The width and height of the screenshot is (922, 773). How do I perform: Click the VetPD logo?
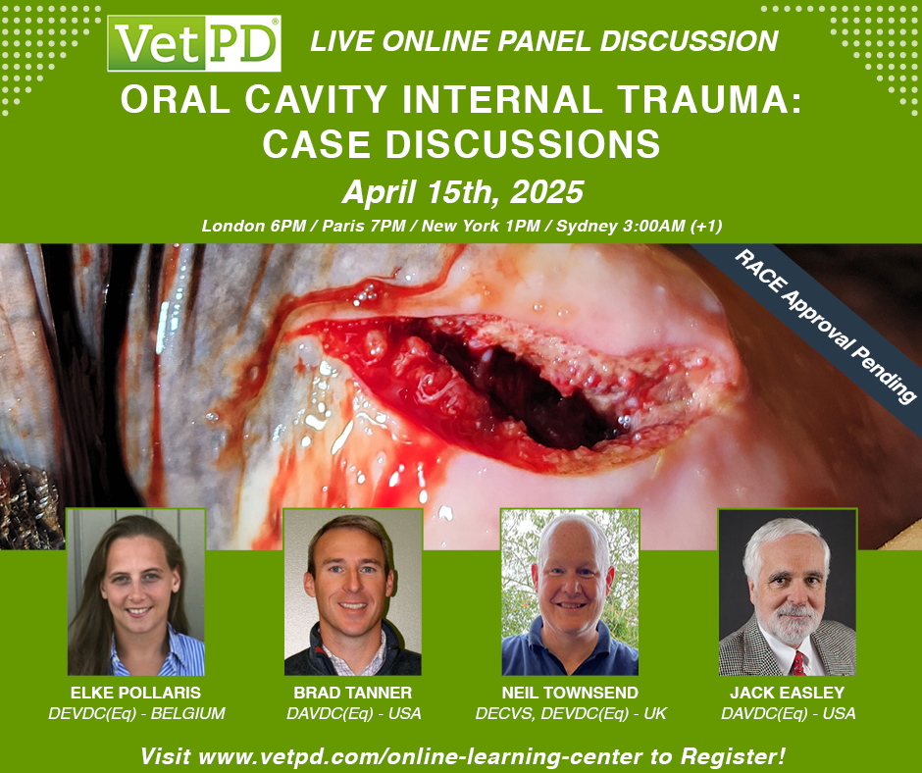(x=194, y=43)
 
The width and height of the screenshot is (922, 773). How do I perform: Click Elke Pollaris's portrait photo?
(x=136, y=592)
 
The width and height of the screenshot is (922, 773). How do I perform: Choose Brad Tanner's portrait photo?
(x=353, y=592)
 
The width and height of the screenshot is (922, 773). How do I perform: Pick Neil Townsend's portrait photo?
(x=570, y=592)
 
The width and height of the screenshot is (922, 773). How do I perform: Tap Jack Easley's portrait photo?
(x=787, y=592)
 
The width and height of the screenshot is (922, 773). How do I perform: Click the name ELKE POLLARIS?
(x=136, y=693)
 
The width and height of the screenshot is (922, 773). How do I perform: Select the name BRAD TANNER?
(x=352, y=693)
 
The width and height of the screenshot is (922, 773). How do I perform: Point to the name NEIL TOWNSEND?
(x=570, y=693)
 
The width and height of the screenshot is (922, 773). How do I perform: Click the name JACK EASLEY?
(x=787, y=693)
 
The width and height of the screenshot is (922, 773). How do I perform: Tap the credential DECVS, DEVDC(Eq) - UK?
(x=570, y=714)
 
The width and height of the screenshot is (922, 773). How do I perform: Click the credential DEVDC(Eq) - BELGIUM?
(x=136, y=714)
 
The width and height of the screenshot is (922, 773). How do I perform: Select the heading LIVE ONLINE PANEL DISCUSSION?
(x=543, y=41)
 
